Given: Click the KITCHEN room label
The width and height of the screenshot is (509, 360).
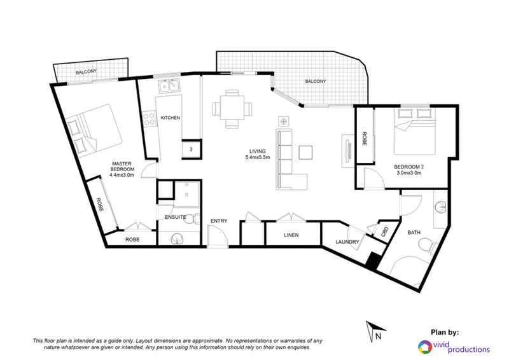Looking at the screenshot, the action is point(170,118).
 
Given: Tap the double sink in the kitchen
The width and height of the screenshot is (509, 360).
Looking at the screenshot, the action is point(169,86).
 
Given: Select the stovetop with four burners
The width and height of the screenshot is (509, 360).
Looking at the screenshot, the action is point(150,118).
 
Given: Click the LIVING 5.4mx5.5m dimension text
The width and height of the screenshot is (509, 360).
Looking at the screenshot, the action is point(258,154).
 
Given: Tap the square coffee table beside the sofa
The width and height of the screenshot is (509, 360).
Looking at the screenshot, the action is point(306,153).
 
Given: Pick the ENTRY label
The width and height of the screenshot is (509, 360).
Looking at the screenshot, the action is point(219,221).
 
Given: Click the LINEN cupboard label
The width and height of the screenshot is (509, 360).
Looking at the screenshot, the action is point(291,235).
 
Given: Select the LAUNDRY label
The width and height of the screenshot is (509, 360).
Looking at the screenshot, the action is point(347,242).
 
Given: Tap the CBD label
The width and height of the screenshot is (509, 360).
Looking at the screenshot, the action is point(385,232).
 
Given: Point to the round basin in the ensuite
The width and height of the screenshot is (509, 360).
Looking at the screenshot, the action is point(177,240).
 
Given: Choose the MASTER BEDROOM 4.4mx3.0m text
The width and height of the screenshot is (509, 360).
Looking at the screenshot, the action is point(122,169).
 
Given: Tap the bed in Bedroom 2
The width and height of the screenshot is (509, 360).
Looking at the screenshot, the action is point(415,132).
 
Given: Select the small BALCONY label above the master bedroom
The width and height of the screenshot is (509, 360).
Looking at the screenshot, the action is point(86,72).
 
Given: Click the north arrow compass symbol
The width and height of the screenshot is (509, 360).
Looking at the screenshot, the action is point(374,331).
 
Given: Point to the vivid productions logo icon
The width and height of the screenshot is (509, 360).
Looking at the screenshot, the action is point(424,347).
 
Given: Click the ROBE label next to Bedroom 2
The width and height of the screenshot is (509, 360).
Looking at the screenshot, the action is point(364,139).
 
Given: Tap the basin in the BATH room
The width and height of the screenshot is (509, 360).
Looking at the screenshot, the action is point(441,206).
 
